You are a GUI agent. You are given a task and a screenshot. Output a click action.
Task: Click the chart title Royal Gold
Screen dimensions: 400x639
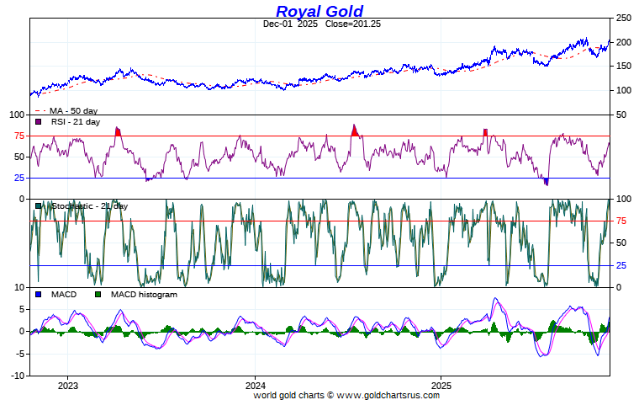[319, 11]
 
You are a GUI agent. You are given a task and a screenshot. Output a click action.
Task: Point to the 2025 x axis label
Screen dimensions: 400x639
[442, 385]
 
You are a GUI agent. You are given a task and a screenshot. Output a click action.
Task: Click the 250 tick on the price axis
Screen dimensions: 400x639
[623, 18]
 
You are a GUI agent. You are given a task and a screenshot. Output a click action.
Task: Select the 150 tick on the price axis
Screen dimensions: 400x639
[623, 67]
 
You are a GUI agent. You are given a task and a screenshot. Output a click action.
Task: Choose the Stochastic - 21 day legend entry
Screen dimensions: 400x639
[87, 206]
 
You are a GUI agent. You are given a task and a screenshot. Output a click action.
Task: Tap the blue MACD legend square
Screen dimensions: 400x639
[38, 295]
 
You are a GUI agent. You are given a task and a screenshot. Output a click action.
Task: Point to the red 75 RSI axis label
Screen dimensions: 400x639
[18, 136]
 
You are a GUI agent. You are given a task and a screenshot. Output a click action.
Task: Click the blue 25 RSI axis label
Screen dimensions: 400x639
[18, 179]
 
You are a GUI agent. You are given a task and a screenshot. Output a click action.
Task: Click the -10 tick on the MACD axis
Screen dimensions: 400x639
[16, 376]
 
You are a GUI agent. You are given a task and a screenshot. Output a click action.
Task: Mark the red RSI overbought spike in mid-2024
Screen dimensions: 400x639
[355, 130]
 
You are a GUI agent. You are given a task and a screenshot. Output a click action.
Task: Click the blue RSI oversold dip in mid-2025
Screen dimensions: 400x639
[547, 181]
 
